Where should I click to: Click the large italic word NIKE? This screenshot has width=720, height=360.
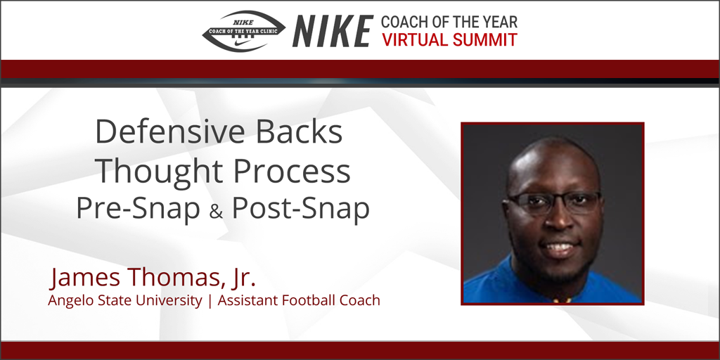click(x=333, y=32)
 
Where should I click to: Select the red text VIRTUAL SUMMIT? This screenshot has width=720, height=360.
click(x=450, y=40)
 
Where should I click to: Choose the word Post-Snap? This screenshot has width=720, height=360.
click(x=301, y=210)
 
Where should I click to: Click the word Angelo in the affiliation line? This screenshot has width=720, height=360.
click(x=68, y=301)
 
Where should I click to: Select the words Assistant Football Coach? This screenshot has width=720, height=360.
click(x=299, y=301)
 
